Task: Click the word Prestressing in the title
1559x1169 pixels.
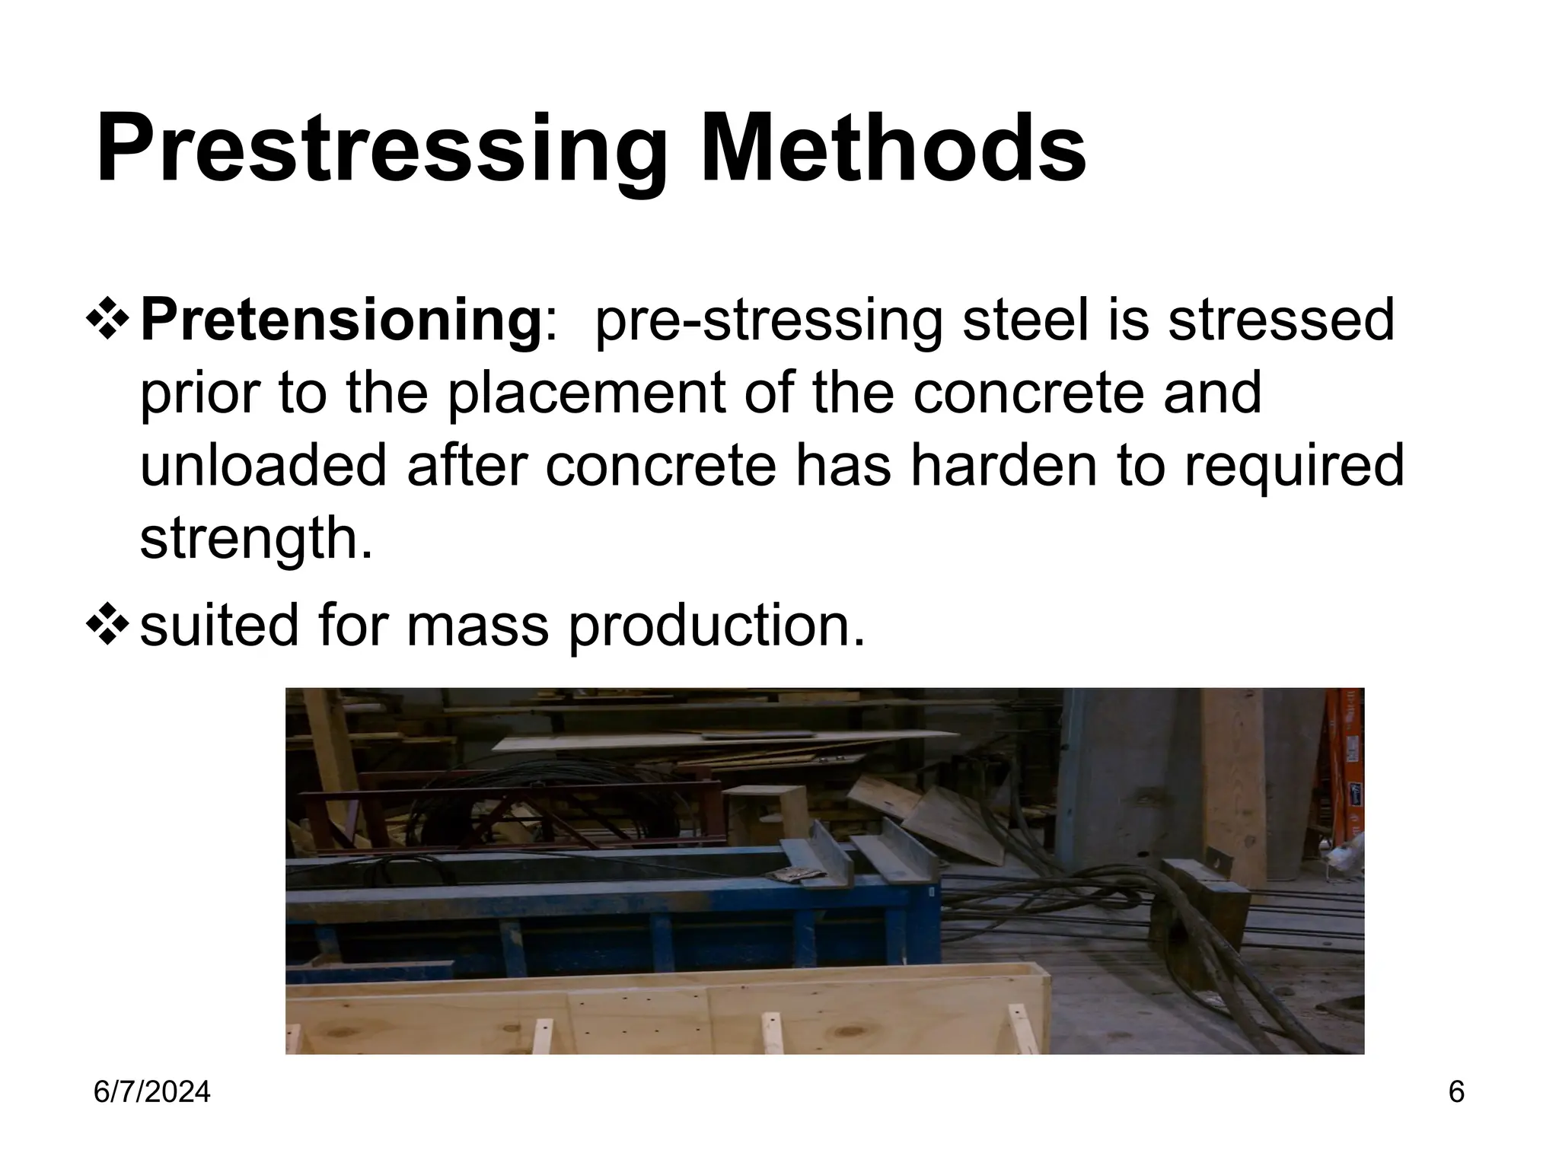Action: pyautogui.click(x=381, y=148)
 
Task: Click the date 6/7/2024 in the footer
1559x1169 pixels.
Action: pyautogui.click(x=151, y=1092)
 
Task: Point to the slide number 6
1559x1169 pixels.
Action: pyautogui.click(x=1455, y=1092)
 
